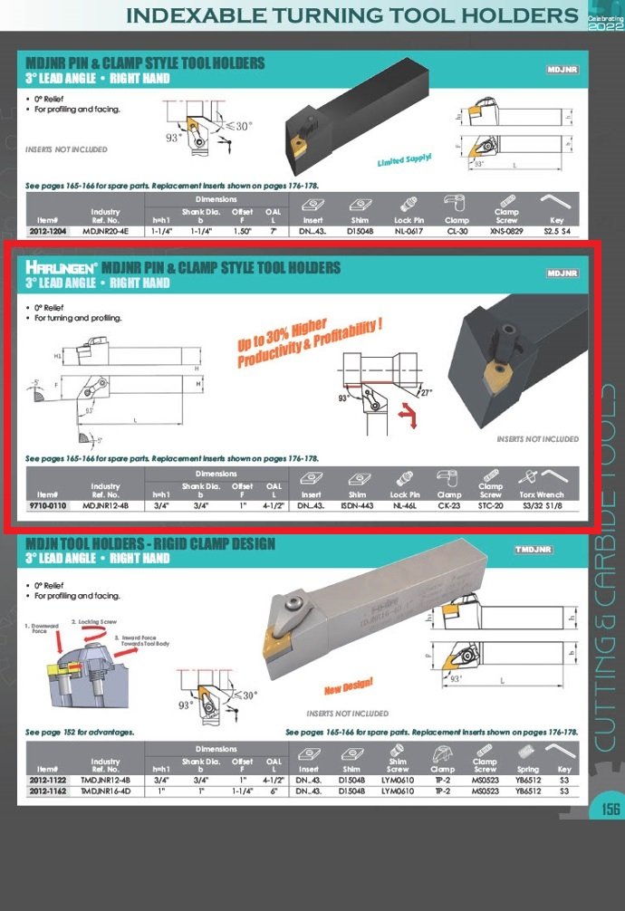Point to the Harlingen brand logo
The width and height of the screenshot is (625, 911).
point(62,267)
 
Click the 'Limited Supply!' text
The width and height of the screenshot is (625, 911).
point(404,159)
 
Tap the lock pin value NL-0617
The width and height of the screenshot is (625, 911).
point(409,231)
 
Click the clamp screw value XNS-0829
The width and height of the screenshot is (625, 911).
point(506,231)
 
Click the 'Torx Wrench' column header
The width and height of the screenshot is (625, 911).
point(541,494)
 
